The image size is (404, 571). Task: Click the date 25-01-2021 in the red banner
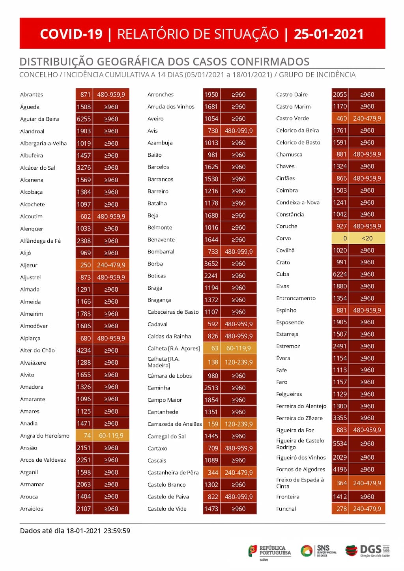click(329, 34)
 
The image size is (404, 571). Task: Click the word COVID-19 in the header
click(71, 34)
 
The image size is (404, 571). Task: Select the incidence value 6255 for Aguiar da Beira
click(84, 119)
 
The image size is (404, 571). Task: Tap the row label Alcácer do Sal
click(38, 168)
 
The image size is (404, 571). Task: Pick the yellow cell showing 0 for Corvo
click(340, 238)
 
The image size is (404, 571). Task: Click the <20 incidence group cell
click(367, 238)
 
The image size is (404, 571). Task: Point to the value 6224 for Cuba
click(340, 274)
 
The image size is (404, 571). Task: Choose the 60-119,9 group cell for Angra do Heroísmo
click(111, 436)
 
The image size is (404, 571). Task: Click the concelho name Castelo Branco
click(166, 485)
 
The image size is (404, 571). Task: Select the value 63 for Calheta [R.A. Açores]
click(212, 348)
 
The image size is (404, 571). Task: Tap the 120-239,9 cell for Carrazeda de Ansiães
click(238, 424)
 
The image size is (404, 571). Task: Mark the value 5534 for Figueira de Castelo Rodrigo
click(340, 444)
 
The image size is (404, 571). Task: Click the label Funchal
click(286, 509)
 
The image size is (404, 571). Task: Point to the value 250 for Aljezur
click(84, 265)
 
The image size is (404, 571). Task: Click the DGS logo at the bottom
click(367, 550)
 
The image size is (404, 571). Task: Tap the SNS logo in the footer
click(319, 550)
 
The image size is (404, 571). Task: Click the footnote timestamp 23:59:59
click(117, 531)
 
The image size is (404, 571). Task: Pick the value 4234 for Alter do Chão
click(84, 350)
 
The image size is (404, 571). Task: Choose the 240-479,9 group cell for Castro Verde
click(367, 118)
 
